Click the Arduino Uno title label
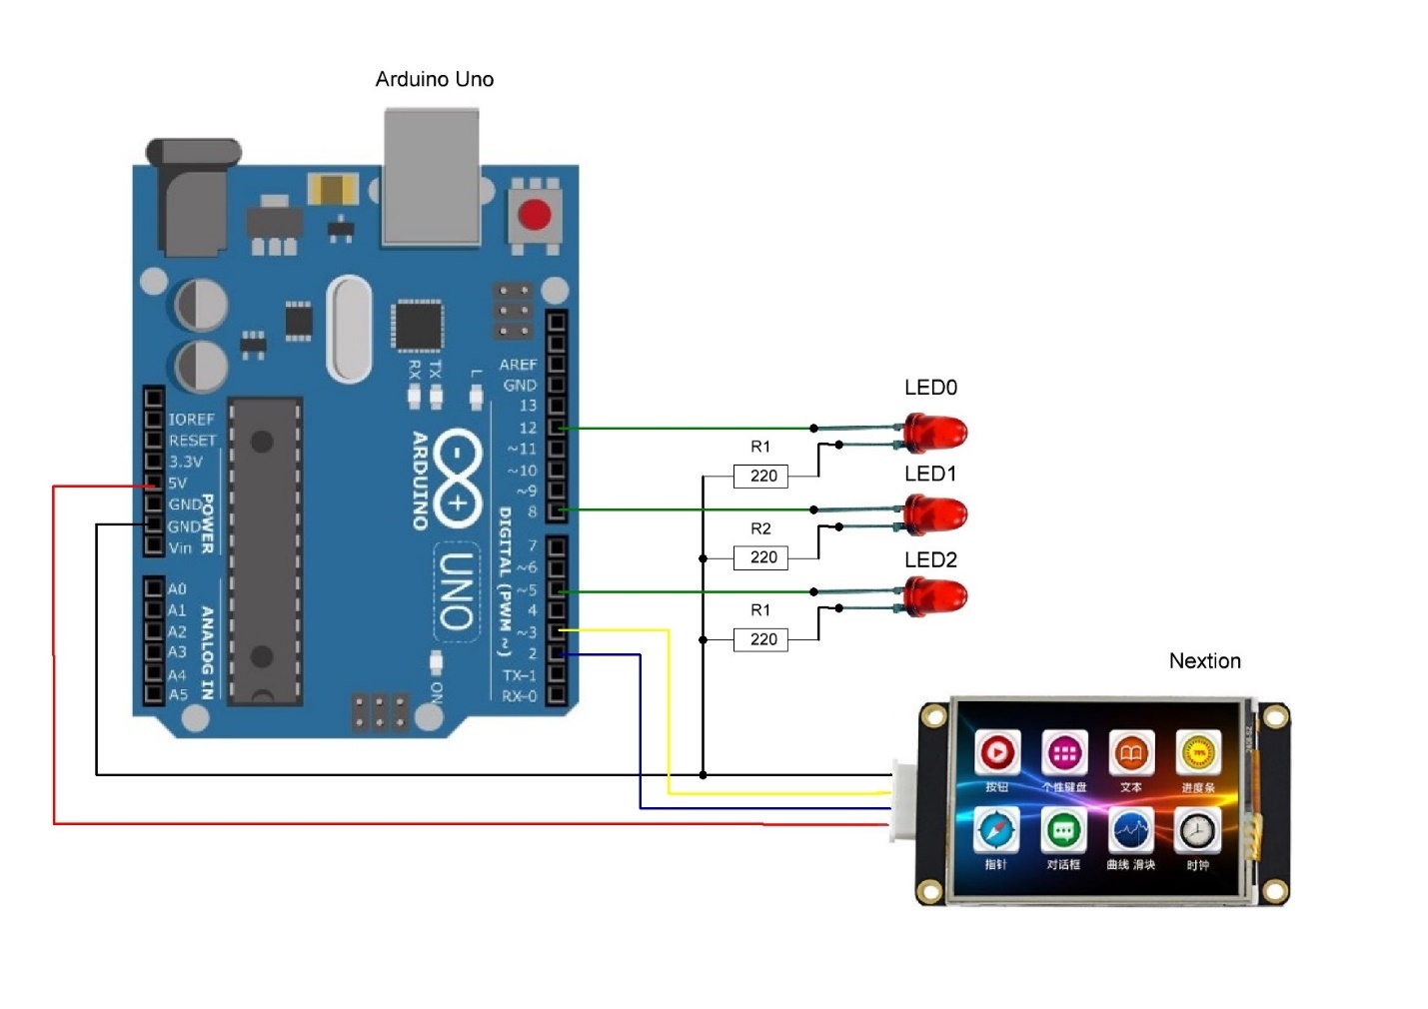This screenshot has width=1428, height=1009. pyautogui.click(x=434, y=79)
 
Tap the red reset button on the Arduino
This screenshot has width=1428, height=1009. pyautogui.click(x=535, y=215)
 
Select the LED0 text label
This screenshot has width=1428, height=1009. pyautogui.click(x=930, y=388)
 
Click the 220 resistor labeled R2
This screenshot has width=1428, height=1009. pyautogui.click(x=761, y=557)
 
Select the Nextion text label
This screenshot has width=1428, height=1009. pyautogui.click(x=1204, y=661)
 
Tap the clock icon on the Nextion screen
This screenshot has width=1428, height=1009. pyautogui.click(x=1197, y=830)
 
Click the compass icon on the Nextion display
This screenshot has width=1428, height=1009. pyautogui.click(x=996, y=830)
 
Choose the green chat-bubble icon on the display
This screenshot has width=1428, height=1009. pyautogui.click(x=1063, y=830)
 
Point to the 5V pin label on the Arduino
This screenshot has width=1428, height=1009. pyautogui.click(x=177, y=483)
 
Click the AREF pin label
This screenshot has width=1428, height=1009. pyautogui.click(x=518, y=365)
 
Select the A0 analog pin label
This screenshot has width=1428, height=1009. pyautogui.click(x=177, y=589)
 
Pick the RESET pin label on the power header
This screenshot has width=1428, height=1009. pyautogui.click(x=192, y=441)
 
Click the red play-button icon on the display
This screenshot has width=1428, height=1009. pyautogui.click(x=996, y=753)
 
